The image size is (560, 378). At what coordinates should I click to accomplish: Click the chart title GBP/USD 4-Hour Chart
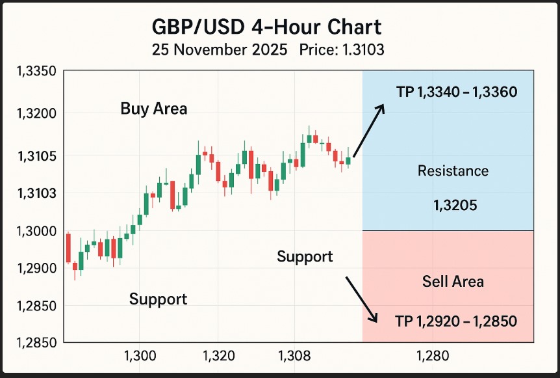[x=266, y=27]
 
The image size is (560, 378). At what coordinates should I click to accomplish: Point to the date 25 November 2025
[x=219, y=50]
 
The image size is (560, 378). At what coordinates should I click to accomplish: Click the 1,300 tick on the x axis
[x=139, y=357]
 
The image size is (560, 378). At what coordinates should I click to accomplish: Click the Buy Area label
[x=154, y=109]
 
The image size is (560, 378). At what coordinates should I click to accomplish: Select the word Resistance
[x=453, y=171]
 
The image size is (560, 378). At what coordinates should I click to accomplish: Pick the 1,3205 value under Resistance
[x=455, y=206]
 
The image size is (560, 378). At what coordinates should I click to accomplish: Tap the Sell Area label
[x=453, y=282]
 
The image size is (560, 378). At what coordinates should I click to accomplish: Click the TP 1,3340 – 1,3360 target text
[x=457, y=92]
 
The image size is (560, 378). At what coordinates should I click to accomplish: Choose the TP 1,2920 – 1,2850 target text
[x=456, y=321]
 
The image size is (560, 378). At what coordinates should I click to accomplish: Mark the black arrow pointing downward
[x=361, y=299]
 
